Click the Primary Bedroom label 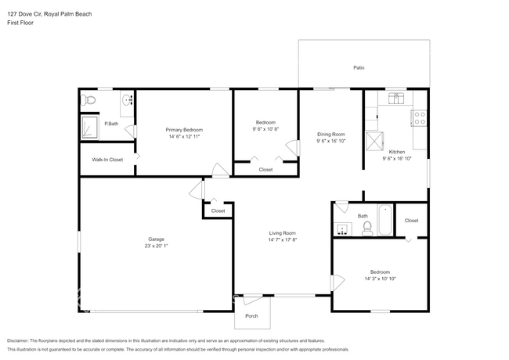click(x=183, y=129)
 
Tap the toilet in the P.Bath click(x=89, y=99)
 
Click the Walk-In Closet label click(x=107, y=160)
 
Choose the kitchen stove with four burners click(x=419, y=118)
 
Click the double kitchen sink click(x=396, y=98)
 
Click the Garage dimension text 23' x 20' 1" click(x=157, y=246)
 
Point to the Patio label click(x=359, y=68)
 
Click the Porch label click(x=251, y=316)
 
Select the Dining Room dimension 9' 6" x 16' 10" click(x=330, y=142)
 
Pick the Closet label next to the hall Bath click(x=411, y=221)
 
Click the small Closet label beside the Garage click(x=218, y=211)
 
